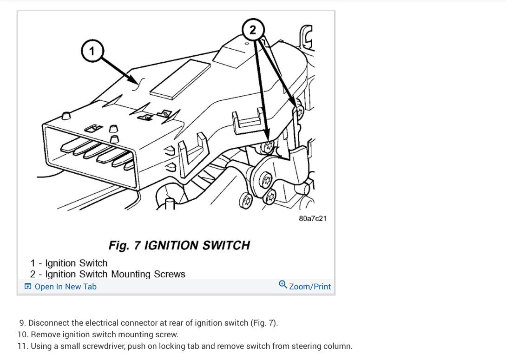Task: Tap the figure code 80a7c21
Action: coord(313,218)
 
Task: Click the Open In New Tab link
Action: coord(66,287)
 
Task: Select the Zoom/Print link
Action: coord(310,286)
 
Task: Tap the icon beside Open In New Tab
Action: coord(28,287)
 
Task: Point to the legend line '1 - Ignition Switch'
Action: coord(69,263)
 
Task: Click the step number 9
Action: coord(22,323)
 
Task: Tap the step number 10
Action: coord(22,334)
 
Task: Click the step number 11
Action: coord(22,346)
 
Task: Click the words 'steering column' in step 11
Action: coord(326,346)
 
